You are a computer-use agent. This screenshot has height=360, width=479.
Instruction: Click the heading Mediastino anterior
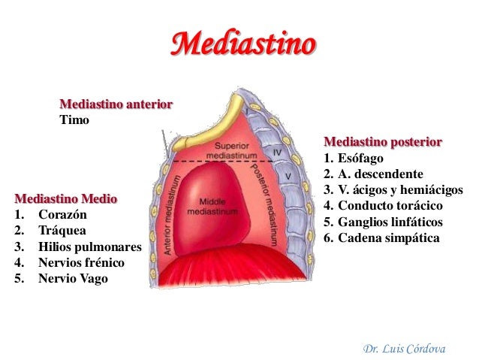[x=116, y=104]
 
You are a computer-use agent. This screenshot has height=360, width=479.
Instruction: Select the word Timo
[x=74, y=119]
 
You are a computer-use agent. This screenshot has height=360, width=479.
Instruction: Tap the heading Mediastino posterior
[x=382, y=142]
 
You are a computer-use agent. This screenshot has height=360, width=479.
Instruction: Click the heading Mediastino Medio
[x=66, y=199]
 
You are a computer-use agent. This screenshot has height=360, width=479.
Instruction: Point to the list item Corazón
[x=62, y=215]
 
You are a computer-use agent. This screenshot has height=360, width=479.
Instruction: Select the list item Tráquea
[x=62, y=231]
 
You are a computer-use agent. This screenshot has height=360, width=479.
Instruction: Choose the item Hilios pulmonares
[x=89, y=247]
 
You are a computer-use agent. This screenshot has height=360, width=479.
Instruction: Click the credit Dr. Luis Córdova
[x=405, y=349]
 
